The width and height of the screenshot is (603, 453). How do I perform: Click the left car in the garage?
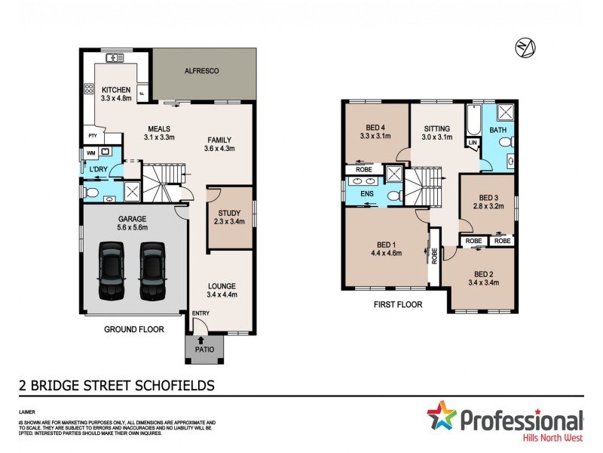point(111,270)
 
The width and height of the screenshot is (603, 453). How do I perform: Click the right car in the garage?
point(152,270)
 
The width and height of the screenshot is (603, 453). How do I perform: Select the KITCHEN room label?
point(116,90)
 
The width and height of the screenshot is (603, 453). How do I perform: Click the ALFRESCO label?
point(201,71)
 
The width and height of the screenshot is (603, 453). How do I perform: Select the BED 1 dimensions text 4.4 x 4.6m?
point(386,254)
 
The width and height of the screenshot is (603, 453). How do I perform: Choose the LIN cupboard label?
point(473,143)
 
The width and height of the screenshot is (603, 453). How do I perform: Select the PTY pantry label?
point(93,135)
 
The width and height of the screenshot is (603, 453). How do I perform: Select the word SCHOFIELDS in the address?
point(170,385)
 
